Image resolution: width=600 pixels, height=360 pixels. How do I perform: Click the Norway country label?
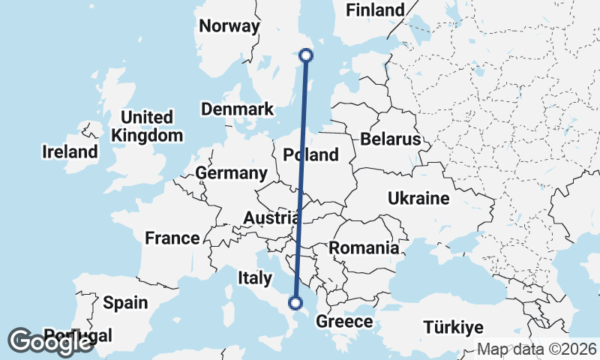pos(229,26)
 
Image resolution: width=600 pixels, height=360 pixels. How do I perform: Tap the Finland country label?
pos(374,10)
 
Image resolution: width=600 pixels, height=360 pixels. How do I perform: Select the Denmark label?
pos(237,109)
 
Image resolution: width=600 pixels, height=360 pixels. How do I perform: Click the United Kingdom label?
pos(147,127)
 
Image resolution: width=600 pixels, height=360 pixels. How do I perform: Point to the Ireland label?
pos(70,152)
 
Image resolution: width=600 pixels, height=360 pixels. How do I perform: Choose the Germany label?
pos(231,173)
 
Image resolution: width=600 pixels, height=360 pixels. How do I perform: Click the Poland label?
pos(311,155)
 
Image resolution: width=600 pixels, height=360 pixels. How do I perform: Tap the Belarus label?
pos(390,139)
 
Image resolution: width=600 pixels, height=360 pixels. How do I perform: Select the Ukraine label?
pos(418,199)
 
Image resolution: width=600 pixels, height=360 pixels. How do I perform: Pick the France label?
pos(172,238)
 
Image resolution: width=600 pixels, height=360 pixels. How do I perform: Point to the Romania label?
pos(364,247)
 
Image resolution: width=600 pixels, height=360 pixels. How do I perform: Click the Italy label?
pos(255,278)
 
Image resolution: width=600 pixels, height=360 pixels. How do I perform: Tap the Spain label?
pos(125,303)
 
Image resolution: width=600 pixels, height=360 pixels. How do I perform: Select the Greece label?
pos(344,322)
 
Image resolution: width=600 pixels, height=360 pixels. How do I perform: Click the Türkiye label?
pos(453,328)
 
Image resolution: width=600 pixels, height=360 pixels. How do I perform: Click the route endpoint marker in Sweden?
pos(306,54)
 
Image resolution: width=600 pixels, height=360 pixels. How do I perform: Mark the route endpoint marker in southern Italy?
pos(296,303)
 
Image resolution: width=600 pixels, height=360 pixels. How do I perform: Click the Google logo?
pos(51,341)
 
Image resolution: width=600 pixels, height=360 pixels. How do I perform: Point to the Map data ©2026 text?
pos(537,349)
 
